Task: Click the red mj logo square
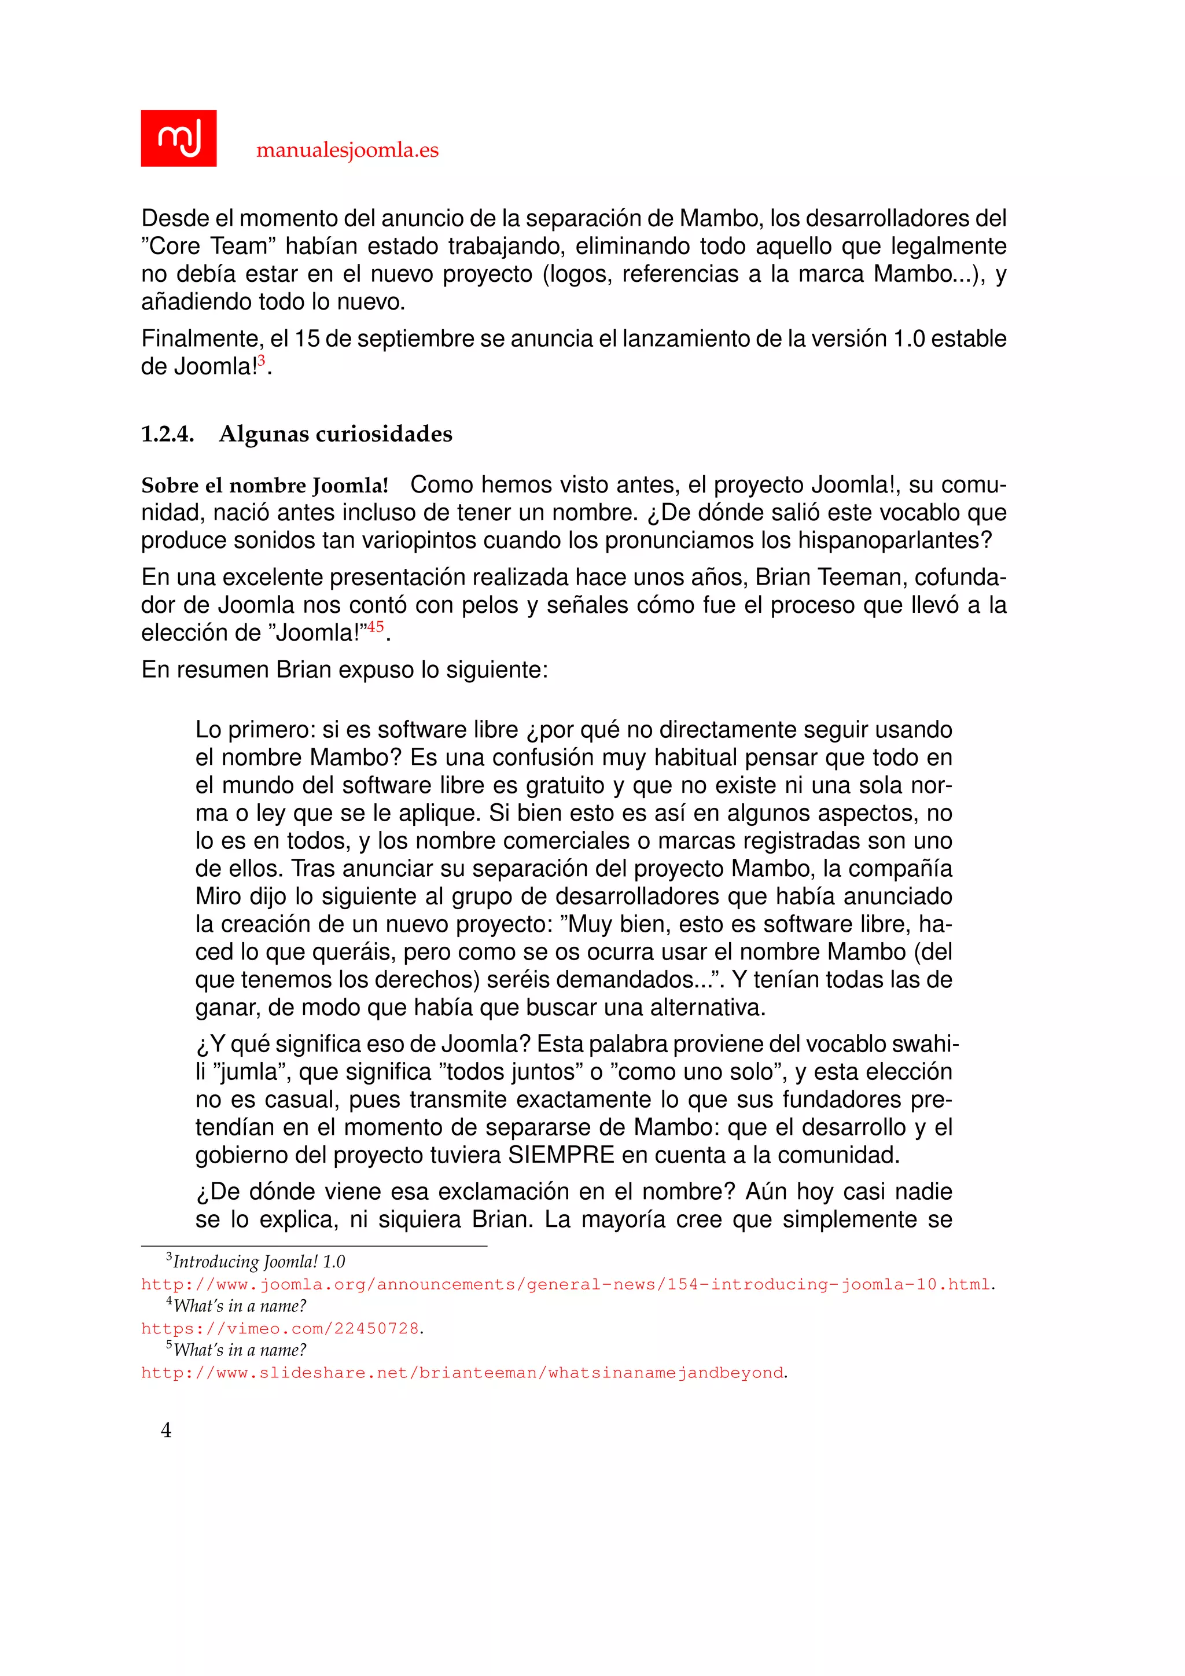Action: coord(178,138)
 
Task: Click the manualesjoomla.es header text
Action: coord(347,150)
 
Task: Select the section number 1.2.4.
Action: coord(167,433)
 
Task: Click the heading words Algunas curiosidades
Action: coord(336,433)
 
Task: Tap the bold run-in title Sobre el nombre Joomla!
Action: coord(265,486)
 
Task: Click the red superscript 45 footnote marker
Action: coord(375,626)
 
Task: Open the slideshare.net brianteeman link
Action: coord(462,1372)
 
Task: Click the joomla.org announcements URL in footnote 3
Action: coord(565,1284)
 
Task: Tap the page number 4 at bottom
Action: coord(167,1430)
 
